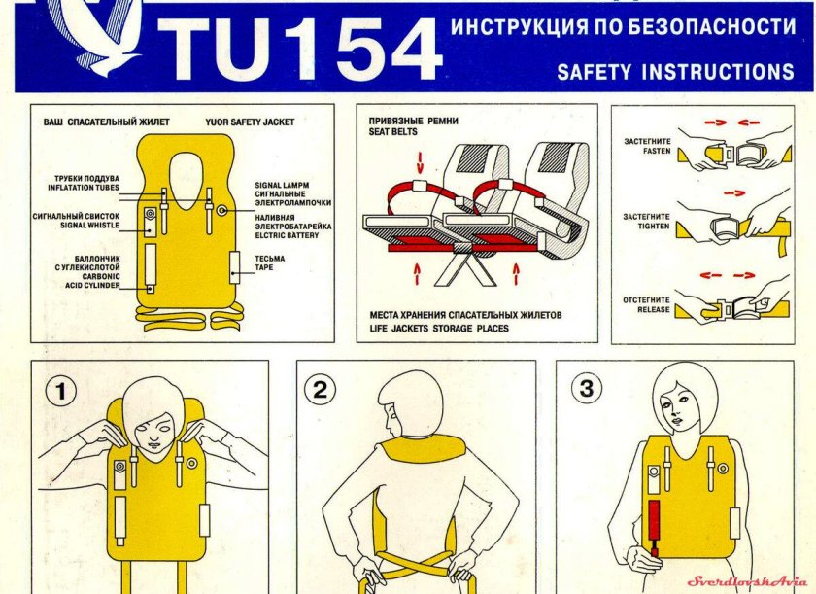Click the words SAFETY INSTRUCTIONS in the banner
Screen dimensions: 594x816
click(675, 72)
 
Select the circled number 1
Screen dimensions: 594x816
click(62, 392)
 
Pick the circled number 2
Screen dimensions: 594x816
click(320, 391)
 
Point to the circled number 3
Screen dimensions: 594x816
click(586, 390)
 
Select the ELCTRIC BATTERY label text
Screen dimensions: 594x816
click(287, 235)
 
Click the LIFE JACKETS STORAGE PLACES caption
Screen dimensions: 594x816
click(438, 329)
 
